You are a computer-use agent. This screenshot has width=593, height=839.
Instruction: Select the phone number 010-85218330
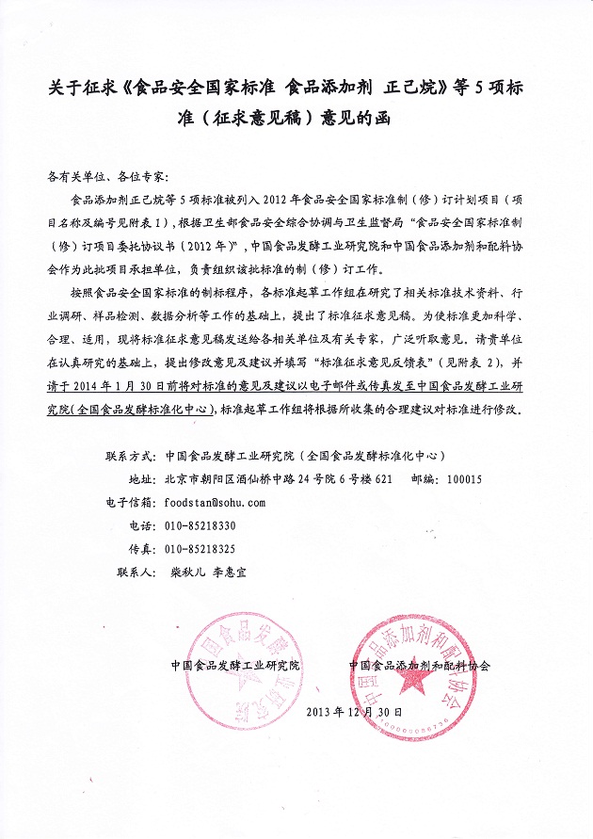200,525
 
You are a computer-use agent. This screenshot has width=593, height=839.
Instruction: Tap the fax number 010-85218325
200,549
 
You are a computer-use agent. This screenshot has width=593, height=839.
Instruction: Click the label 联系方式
129,456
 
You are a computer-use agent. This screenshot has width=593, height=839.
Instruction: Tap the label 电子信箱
129,502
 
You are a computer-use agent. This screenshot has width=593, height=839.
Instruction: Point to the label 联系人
135,572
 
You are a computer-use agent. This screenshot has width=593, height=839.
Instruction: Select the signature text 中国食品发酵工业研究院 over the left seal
234,664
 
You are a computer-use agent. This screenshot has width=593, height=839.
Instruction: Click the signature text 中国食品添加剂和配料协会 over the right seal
419,664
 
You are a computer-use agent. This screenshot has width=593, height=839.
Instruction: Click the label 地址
140,479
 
